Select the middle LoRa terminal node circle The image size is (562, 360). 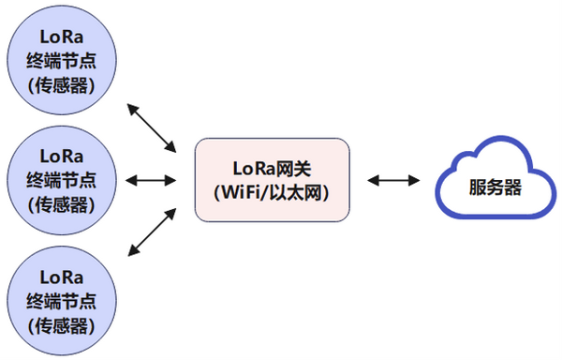62,179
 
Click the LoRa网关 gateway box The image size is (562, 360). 272,180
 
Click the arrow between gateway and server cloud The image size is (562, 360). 392,179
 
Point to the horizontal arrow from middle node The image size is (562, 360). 151,179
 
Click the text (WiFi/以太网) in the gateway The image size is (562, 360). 272,192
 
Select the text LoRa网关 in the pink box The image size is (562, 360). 272,169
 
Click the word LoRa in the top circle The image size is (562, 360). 62,38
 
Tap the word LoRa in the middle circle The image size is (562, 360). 62,155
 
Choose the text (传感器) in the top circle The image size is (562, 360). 62,87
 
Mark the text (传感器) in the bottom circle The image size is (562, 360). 62,325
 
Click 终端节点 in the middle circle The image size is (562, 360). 62,179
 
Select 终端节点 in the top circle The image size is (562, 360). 62,63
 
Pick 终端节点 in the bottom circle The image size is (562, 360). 62,301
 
